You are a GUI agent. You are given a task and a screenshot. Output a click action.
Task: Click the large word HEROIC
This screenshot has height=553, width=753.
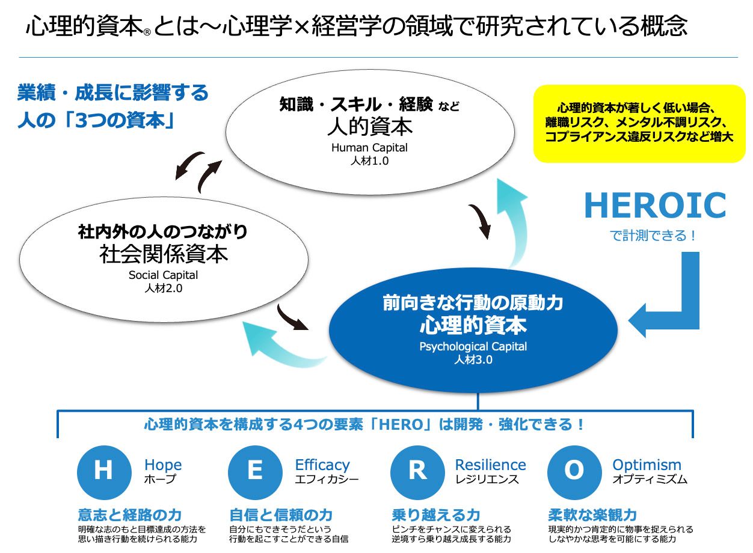654,206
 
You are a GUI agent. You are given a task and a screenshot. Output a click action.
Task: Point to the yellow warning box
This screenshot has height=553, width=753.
639,123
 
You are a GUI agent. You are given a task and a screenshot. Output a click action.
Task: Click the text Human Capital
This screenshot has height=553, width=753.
369,147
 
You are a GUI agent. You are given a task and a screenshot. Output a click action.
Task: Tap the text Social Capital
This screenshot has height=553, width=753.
163,275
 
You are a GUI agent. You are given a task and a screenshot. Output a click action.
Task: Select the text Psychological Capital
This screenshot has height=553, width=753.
473,346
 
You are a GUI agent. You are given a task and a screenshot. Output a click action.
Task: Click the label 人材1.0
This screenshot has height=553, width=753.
369,160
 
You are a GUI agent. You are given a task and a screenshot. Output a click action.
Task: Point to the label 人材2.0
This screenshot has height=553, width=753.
163,288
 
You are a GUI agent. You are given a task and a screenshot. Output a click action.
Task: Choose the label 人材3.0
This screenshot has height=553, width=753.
473,360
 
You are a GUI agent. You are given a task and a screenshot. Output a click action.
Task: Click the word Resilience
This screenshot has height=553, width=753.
490,465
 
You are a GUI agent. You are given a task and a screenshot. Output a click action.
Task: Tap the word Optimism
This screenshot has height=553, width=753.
647,465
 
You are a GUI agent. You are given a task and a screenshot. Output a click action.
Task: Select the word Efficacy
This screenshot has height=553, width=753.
322,465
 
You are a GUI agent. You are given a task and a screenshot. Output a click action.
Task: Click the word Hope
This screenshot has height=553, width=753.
162,465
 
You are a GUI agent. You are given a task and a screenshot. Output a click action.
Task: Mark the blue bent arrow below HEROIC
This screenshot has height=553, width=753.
674,301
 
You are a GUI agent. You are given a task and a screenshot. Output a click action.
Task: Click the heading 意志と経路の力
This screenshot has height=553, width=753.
129,515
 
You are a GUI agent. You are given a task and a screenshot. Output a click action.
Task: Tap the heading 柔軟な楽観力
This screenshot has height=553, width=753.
592,515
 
